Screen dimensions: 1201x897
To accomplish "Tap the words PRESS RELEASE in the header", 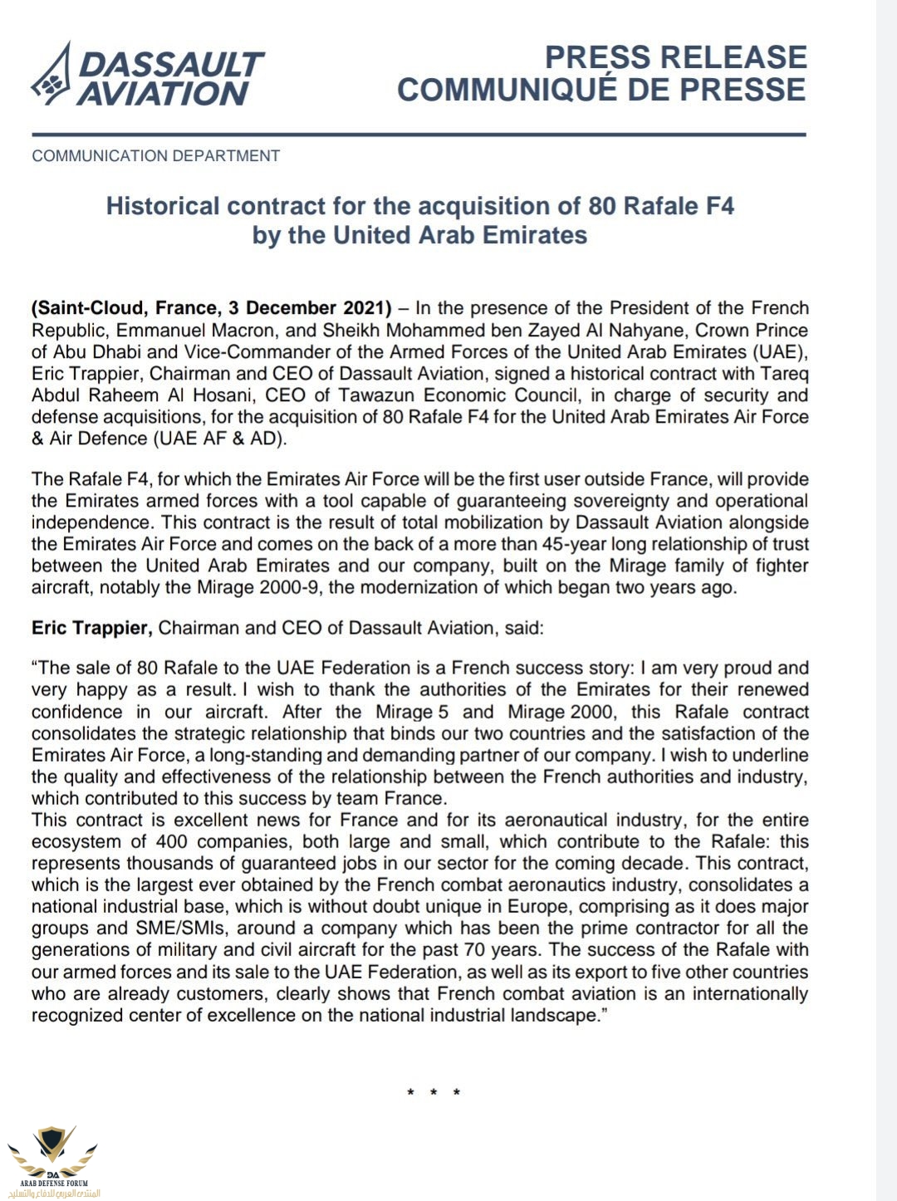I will click(675, 57).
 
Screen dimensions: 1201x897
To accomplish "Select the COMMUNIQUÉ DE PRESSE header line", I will click(601, 90).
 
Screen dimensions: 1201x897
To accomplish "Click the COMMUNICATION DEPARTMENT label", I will click(156, 155).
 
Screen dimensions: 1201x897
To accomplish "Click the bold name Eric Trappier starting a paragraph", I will click(91, 628).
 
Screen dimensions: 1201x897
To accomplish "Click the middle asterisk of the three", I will click(434, 1092).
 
